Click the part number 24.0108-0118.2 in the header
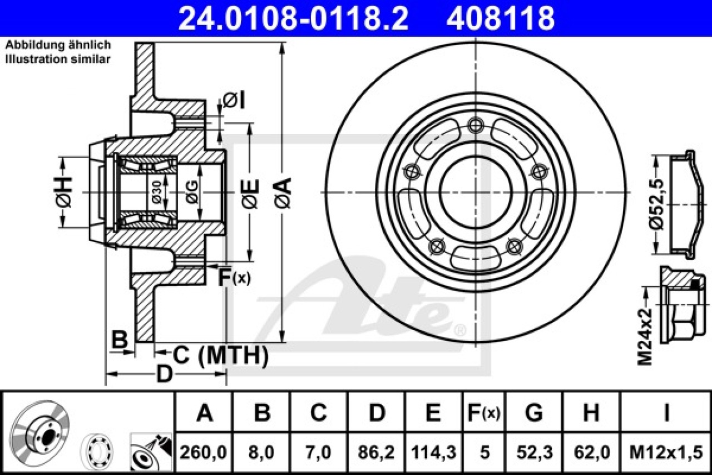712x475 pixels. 293,19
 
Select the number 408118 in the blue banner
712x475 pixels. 501,19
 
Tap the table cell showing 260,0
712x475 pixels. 204,453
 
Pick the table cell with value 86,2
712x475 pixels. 376,453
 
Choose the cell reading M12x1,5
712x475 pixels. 666,453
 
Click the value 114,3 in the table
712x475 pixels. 434,453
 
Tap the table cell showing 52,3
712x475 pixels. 535,453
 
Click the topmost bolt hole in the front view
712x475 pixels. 476,125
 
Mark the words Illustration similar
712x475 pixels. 58,59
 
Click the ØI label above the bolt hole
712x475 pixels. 235,101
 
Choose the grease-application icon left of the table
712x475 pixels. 151,452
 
